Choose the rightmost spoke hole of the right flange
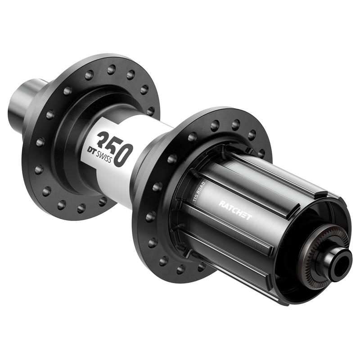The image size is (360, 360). point(262,153)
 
